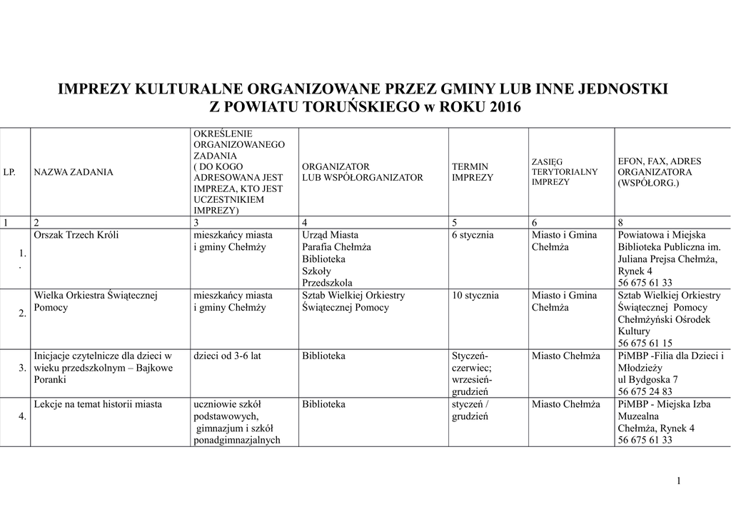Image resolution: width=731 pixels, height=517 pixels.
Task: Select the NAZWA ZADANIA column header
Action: pos(74,173)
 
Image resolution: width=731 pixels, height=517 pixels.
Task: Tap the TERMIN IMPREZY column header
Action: pos(473,172)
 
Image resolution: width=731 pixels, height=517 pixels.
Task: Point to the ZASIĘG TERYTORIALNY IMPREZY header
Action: pos(565,172)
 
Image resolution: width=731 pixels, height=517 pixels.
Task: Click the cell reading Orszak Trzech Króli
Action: pos(76,235)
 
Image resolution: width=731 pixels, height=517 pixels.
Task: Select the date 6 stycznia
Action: pos(473,235)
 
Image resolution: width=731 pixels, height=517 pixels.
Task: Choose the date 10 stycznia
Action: pos(475,296)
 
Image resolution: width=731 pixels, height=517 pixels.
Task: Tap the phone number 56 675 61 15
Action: pos(645,343)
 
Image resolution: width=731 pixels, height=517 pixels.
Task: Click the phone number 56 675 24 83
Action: pos(645,391)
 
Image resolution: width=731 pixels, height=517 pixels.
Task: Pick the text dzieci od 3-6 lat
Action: pos(227,356)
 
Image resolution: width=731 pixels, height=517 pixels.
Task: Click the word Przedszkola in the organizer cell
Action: pos(327,283)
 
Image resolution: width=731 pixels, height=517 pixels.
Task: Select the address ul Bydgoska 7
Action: pos(647,379)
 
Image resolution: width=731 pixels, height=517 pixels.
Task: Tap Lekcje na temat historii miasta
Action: pos(98,404)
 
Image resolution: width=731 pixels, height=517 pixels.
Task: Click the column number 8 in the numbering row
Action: pos(620,222)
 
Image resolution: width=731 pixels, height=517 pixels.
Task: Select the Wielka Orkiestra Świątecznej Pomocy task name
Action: pos(95,301)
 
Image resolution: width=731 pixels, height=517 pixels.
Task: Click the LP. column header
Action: pos(10,173)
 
